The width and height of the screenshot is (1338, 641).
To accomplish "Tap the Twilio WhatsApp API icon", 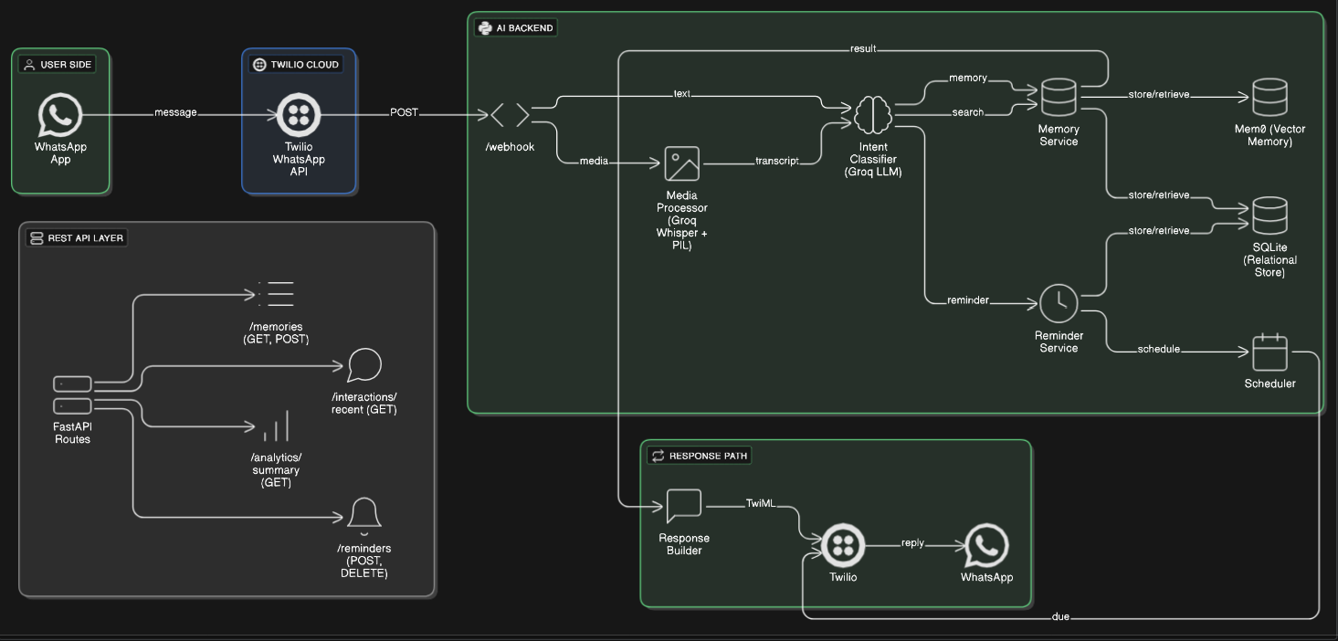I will click(x=298, y=114).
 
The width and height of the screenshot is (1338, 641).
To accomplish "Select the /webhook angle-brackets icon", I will click(x=510, y=115).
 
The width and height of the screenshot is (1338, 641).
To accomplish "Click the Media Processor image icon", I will click(x=681, y=164).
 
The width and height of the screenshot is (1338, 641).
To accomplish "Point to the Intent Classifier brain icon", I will click(x=872, y=114).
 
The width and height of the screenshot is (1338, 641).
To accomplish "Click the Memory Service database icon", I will click(x=1059, y=97).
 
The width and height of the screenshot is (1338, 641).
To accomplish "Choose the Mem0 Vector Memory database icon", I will click(x=1270, y=97).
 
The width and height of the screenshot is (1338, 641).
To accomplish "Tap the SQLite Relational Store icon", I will click(x=1270, y=215).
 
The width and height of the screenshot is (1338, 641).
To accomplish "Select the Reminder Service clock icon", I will click(x=1059, y=303).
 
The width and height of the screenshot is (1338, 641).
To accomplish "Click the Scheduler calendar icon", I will click(x=1270, y=352).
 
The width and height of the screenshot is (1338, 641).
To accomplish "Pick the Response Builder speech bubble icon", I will click(x=683, y=506).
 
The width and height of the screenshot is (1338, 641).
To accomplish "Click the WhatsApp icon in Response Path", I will click(x=986, y=545).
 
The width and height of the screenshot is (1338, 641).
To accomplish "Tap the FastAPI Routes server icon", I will click(x=72, y=394).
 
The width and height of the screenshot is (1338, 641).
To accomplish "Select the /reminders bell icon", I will click(x=364, y=516).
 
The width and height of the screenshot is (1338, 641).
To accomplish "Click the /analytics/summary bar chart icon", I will click(x=276, y=426).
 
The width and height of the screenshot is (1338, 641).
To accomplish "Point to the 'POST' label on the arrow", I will click(x=404, y=112).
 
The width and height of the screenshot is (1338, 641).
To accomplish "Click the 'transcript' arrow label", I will click(x=776, y=161).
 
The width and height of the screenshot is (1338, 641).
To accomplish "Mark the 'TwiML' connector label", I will click(x=760, y=503).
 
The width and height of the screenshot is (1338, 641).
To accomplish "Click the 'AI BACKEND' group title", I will click(x=524, y=28).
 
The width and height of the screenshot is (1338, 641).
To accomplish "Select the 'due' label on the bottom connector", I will click(x=1060, y=617).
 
